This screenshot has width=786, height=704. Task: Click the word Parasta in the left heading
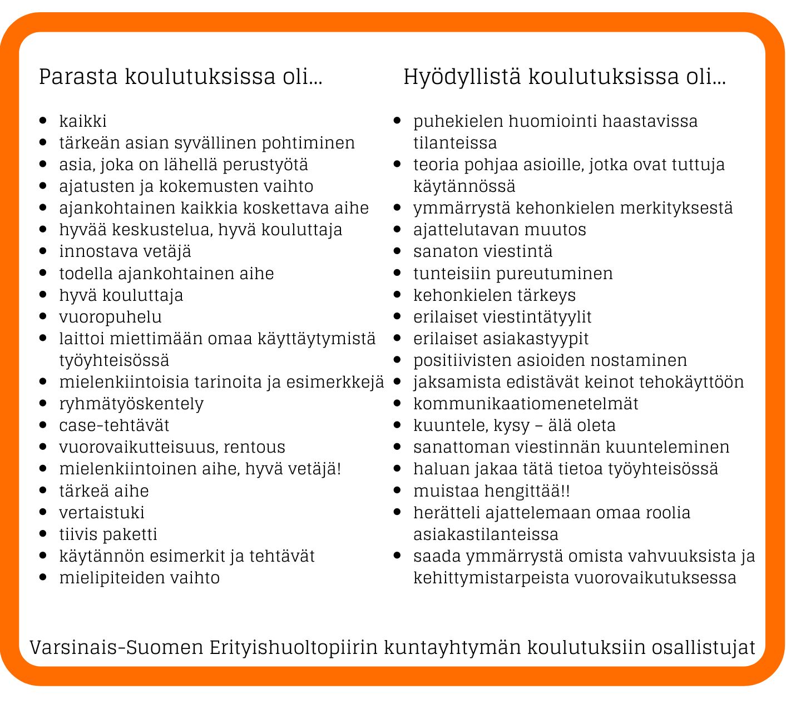pos(78,77)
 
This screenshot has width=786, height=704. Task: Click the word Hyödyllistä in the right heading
pos(462,77)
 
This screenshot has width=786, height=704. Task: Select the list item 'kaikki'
pos(83,121)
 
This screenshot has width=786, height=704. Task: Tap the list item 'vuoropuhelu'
pos(110,317)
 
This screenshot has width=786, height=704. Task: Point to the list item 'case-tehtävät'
pos(114,425)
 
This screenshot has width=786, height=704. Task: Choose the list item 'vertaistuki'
pos(102,513)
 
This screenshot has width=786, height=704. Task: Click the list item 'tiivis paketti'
pos(108,534)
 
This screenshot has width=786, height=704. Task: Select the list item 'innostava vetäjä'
pos(125,251)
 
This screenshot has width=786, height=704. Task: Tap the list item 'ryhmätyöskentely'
pos(131,404)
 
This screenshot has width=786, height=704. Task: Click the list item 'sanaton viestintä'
pos(483,251)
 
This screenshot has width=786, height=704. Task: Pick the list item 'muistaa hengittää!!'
pos(492,491)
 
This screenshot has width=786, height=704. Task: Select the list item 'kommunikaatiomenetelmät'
pos(526,404)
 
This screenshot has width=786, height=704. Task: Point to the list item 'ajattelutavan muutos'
pos(500,230)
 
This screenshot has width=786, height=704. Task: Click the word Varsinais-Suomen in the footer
pos(117,648)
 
